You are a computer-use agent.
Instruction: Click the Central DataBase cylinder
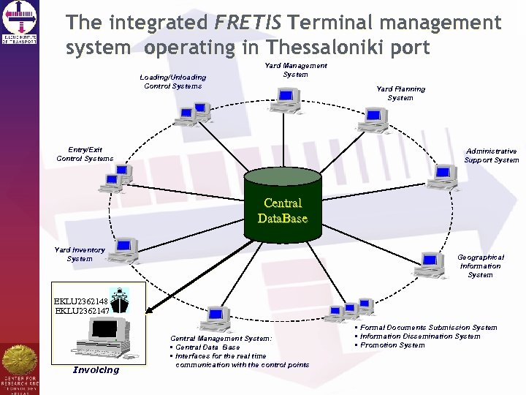[x=283, y=206]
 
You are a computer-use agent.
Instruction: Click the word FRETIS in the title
[x=248, y=23]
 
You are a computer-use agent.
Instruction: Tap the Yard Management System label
[x=295, y=69]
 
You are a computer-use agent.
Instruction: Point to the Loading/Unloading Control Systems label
[x=173, y=81]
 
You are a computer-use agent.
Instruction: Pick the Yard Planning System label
[x=400, y=93]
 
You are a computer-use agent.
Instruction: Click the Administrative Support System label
[x=491, y=155]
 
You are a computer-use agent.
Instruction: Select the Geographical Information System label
[x=480, y=266]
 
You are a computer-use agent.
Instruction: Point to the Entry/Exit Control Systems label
[x=85, y=154]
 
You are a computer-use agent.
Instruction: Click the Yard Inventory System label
[x=80, y=254]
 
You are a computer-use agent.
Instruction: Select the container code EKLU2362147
[x=81, y=310]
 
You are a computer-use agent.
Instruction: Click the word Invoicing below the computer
[x=96, y=369]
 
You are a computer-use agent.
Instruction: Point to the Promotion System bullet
[x=392, y=345]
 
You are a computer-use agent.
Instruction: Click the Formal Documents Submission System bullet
[x=428, y=328]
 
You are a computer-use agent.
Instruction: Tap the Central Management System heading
[x=221, y=339]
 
